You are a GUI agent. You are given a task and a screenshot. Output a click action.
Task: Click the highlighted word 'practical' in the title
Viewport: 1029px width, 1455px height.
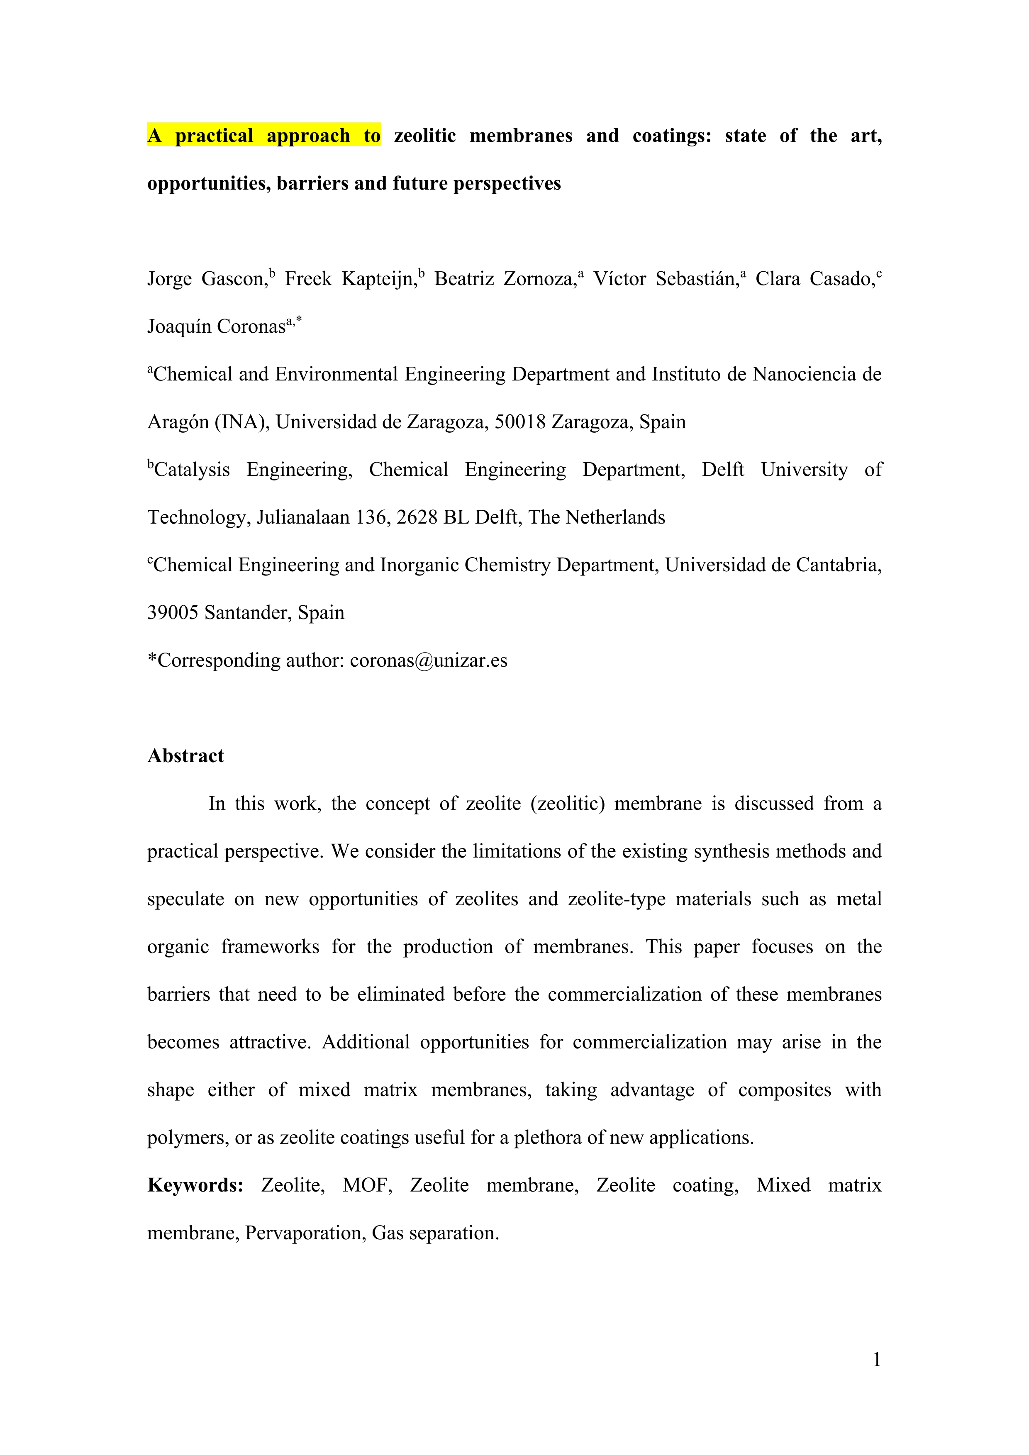click(214, 136)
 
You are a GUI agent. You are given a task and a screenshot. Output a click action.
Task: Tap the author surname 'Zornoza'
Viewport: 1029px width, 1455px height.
click(539, 279)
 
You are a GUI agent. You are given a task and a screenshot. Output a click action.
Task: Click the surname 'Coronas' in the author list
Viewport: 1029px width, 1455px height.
click(253, 327)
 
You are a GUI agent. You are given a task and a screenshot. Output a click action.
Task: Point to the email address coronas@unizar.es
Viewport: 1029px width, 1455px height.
click(428, 661)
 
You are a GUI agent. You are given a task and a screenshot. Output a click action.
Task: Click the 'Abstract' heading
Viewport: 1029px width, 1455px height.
click(185, 756)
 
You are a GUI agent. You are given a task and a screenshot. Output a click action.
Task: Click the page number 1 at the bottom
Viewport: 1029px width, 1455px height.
click(876, 1360)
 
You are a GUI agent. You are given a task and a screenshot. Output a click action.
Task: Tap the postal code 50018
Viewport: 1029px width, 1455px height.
click(519, 422)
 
